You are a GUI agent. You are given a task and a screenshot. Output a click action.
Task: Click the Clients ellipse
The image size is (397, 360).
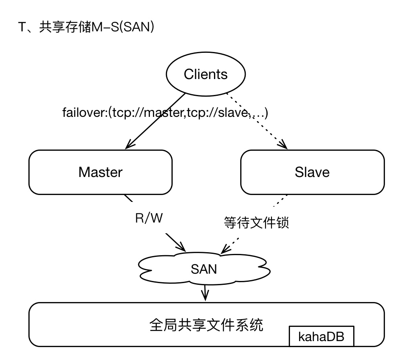205,74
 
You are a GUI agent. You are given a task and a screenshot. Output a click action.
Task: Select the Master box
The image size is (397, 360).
101,172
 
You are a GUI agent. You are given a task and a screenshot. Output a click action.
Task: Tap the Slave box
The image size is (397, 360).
312,172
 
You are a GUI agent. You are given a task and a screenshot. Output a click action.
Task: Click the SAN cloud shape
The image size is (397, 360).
204,269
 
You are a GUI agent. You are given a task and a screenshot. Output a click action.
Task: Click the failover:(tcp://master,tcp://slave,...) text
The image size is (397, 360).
165,113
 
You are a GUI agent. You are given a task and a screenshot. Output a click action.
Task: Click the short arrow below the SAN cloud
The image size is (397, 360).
205,293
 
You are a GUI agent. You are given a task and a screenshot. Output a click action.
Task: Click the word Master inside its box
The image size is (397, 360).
101,172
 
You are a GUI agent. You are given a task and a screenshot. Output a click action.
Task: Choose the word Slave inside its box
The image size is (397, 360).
312,172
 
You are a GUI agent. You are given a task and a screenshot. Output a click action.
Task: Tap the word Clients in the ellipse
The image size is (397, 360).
205,74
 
